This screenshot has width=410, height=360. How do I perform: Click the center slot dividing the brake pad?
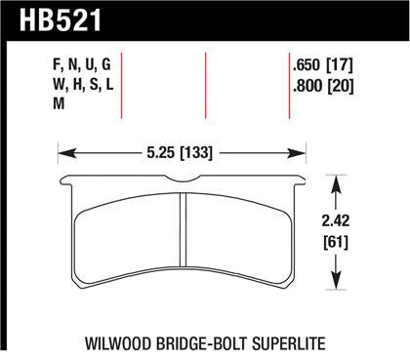coord(184,234)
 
